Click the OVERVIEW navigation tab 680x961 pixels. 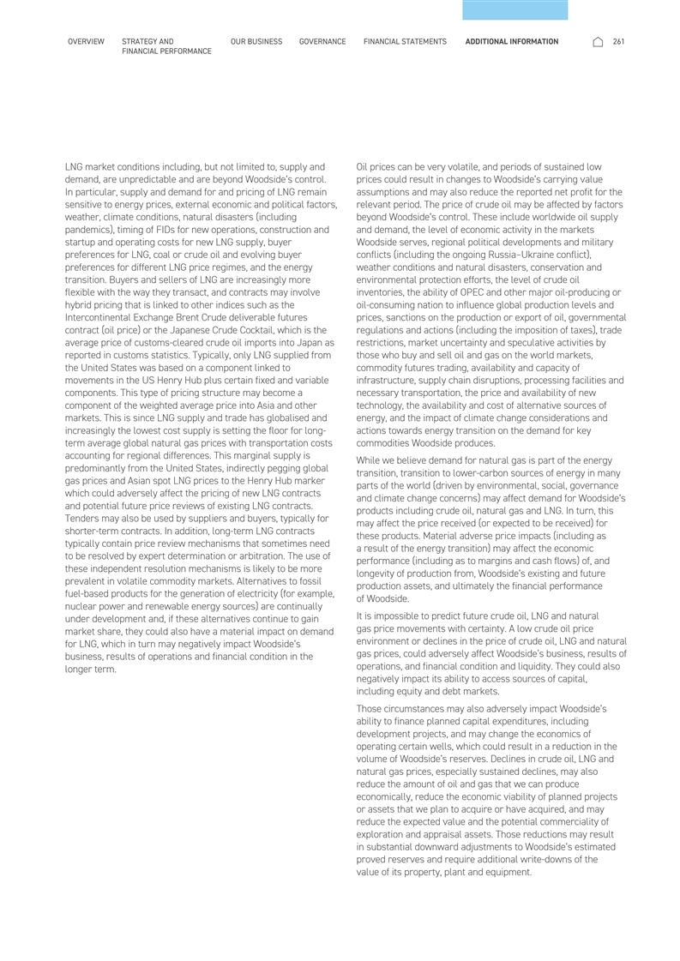86,41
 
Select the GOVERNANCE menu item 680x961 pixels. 322,41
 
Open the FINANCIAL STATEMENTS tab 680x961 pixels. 405,41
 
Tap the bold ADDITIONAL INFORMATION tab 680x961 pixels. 511,41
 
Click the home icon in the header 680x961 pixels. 598,41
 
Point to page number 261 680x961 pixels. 618,41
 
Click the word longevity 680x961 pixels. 382,573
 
